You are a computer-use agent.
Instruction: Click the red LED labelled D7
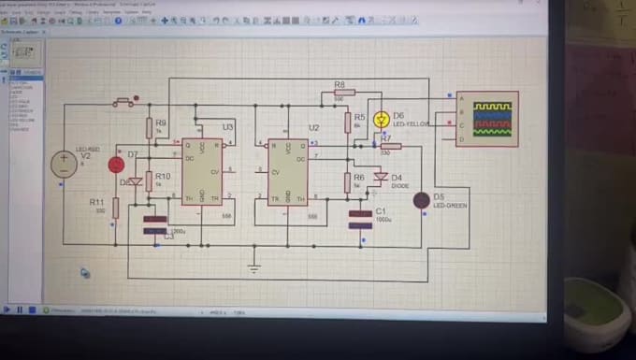[116, 165]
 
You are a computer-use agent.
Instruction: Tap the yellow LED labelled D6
[381, 120]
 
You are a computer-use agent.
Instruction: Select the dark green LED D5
[422, 199]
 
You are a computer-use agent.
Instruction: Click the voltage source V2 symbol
[64, 164]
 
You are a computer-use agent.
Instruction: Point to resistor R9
[149, 127]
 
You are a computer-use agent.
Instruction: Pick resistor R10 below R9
[149, 180]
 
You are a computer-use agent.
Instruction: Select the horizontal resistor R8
[339, 94]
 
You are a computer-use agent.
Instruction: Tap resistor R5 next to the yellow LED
[347, 122]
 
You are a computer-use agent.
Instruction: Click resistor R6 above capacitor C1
[347, 181]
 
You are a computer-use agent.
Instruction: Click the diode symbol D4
[380, 176]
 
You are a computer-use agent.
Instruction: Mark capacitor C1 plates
[360, 219]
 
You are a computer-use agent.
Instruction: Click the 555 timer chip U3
[202, 171]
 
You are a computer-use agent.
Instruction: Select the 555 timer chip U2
[288, 171]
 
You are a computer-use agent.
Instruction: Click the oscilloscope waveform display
[492, 119]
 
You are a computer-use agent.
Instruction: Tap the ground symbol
[253, 268]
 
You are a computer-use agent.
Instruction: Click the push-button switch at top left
[123, 102]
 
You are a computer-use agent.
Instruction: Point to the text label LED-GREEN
[449, 204]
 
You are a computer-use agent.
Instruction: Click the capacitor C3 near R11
[155, 224]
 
